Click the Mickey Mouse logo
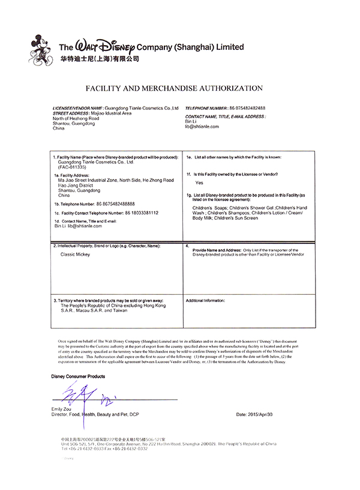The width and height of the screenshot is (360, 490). [43, 50]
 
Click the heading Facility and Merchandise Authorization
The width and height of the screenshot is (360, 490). [175, 88]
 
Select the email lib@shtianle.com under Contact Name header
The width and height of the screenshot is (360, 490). [202, 127]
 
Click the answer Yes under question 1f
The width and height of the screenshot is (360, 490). [199, 182]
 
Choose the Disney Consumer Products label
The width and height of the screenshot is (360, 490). [78, 376]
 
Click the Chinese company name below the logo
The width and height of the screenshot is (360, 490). [99, 59]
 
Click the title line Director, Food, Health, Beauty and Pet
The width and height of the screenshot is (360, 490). [96, 414]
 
